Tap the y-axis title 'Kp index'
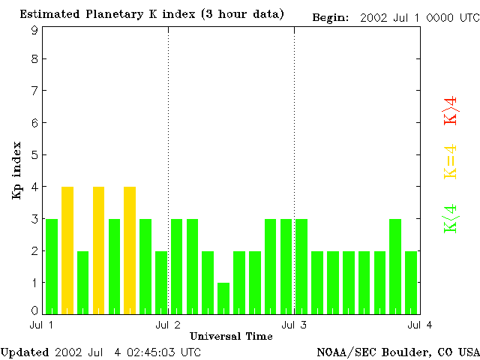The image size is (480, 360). (x=16, y=169)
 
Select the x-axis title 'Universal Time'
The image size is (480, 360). (x=231, y=336)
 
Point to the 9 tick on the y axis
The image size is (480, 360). (x=34, y=30)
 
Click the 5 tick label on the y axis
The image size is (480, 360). (x=34, y=155)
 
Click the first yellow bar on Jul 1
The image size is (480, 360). (x=67, y=250)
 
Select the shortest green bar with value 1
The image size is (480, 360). (x=223, y=298)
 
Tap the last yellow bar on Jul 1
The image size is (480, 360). (x=130, y=250)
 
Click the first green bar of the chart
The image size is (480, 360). (x=52, y=266)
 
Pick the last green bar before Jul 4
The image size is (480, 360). (x=411, y=282)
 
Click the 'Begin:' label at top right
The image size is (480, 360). (x=331, y=16)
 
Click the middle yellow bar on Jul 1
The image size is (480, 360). (x=98, y=250)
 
